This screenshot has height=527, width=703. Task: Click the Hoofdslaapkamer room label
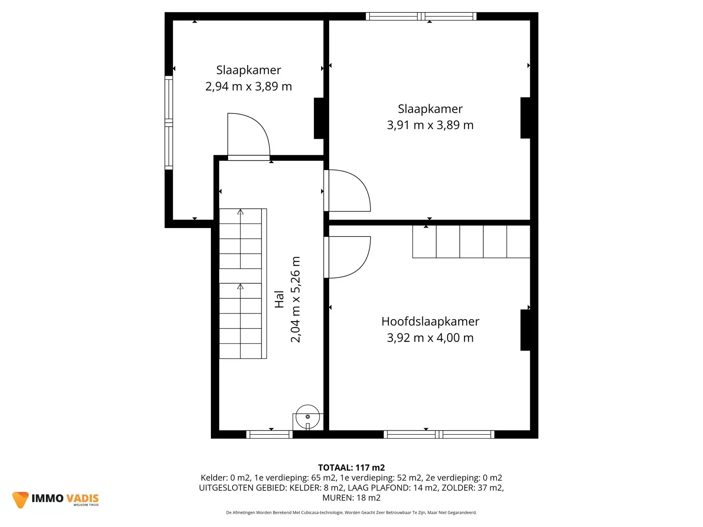click(430, 321)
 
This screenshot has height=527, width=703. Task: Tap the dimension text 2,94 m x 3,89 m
click(249, 86)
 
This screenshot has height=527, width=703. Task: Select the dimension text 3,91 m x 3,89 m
click(430, 125)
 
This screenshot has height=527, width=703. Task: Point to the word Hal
click(279, 299)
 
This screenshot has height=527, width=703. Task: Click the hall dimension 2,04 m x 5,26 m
click(295, 299)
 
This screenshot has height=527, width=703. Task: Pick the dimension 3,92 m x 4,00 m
click(430, 338)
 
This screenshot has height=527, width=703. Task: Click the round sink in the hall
click(308, 417)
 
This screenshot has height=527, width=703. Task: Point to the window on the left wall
click(168, 123)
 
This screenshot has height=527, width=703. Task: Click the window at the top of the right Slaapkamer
click(421, 16)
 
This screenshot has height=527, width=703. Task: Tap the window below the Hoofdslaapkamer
click(439, 434)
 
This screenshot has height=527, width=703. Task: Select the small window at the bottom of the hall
click(269, 434)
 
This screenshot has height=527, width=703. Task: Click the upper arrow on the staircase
click(240, 212)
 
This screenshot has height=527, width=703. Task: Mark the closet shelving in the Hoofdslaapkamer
click(471, 242)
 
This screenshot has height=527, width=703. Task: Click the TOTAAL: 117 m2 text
click(351, 468)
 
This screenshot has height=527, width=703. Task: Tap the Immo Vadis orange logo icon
click(20, 500)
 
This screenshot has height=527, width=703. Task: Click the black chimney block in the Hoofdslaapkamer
click(525, 330)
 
